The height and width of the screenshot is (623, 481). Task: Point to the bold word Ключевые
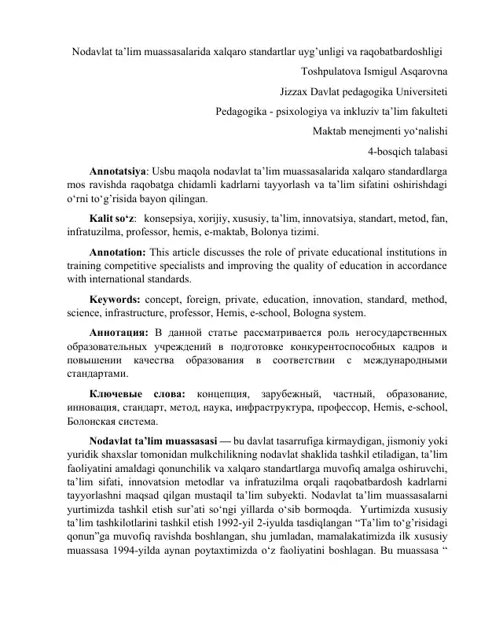(116, 393)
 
